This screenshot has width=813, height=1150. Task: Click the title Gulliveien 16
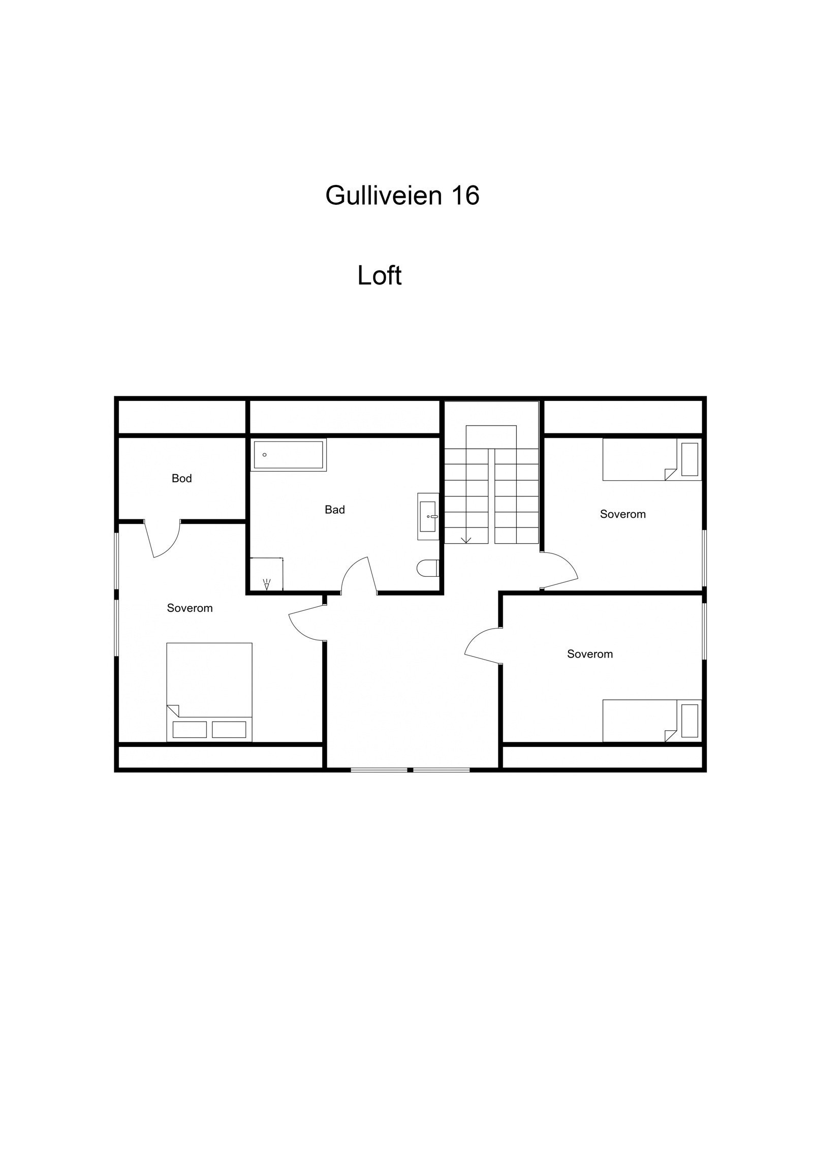coord(402,195)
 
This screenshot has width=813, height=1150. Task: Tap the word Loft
coord(379,275)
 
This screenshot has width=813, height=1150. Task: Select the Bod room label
coord(181,478)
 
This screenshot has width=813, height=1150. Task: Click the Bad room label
coord(334,510)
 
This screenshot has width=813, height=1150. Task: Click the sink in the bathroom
coord(428,516)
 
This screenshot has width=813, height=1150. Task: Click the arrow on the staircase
coord(465,539)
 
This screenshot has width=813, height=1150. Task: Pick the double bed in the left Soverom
coord(209,692)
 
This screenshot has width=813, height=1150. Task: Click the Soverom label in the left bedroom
coord(190,608)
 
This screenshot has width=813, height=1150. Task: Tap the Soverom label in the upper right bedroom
coord(622,514)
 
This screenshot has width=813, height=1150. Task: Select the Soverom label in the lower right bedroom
coord(589,654)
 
